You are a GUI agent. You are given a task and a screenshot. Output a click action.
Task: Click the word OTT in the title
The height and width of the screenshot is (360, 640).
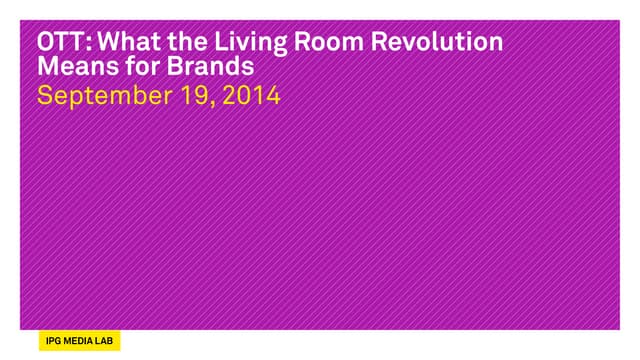coord(61,42)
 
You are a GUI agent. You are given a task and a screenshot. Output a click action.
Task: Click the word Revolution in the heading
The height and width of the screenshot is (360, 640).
coord(437,42)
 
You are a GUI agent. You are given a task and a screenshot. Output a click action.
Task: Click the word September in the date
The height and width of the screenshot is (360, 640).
coord(104,96)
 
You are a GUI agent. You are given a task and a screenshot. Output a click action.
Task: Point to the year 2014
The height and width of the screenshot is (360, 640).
coord(251,96)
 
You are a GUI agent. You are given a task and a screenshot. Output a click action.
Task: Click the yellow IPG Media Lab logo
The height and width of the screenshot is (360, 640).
coord(80,341)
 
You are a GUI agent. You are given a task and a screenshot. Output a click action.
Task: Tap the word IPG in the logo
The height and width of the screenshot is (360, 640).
coord(53,341)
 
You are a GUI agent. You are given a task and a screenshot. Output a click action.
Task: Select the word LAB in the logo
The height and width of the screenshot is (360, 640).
coord(104,341)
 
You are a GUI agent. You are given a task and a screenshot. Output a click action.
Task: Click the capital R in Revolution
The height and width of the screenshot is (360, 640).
coord(378,42)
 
